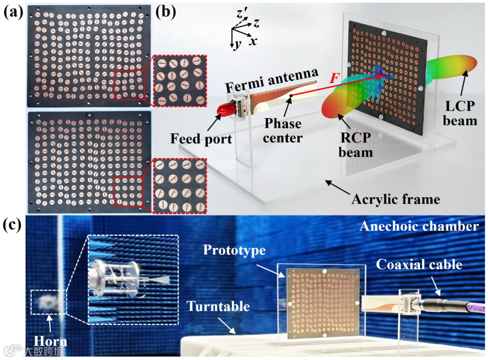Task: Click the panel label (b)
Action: (166, 12)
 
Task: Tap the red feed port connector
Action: (225, 108)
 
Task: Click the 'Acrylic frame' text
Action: (395, 199)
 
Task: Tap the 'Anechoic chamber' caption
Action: (418, 226)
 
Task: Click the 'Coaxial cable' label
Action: (419, 264)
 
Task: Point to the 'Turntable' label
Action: (219, 306)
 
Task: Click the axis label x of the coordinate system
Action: (253, 41)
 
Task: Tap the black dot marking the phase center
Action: (292, 95)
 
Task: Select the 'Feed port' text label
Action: (201, 138)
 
